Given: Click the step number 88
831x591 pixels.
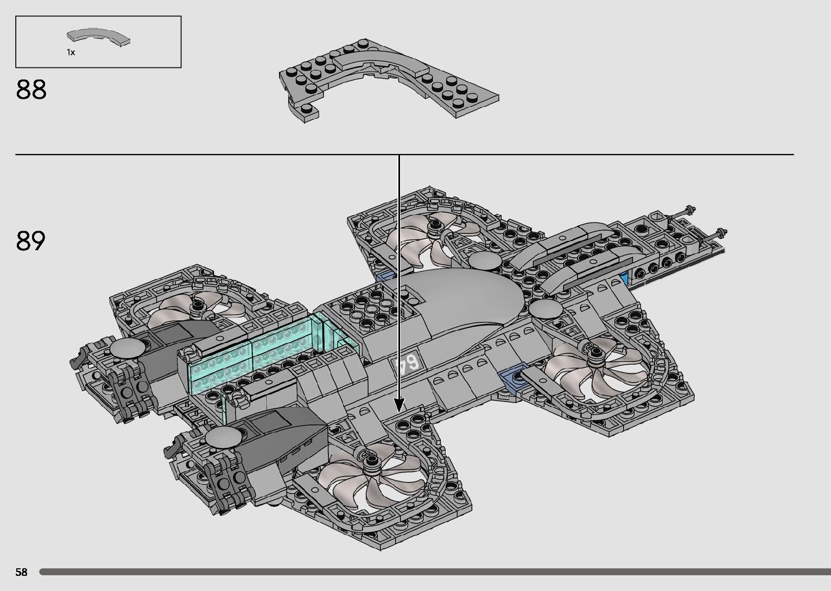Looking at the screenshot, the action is coord(31,90).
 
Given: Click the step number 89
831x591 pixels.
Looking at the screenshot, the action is coord(31,240).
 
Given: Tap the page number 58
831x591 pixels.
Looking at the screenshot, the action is coord(22,572).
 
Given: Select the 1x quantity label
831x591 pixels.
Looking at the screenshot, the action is coord(71,52).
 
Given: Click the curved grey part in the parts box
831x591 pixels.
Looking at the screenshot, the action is coord(98,36).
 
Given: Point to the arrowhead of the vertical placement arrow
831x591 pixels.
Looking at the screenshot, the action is coord(399,405).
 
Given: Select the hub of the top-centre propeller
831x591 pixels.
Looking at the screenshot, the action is coord(435,225).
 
